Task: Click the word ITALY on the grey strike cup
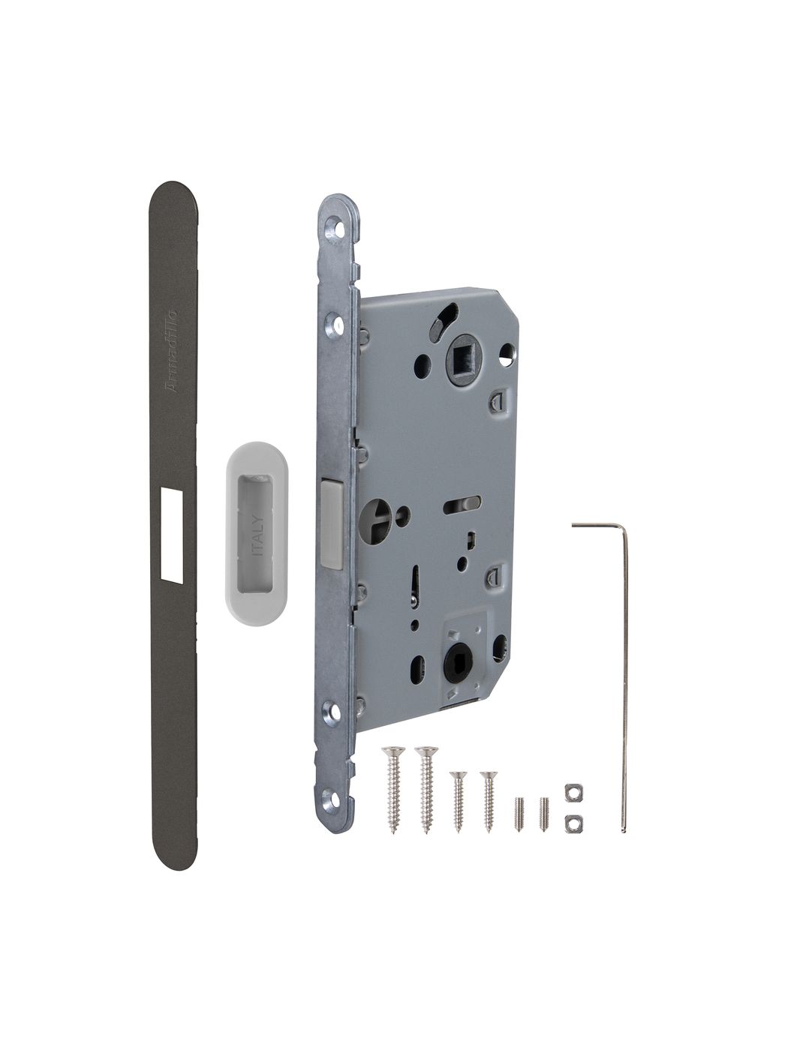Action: point(257,535)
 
